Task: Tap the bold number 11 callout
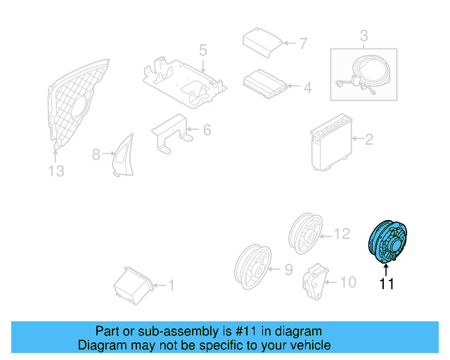pos(387,284)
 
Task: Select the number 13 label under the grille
pos(56,171)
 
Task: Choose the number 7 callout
pos(302,44)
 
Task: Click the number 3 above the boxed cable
pos(364,34)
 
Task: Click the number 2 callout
pos(368,140)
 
